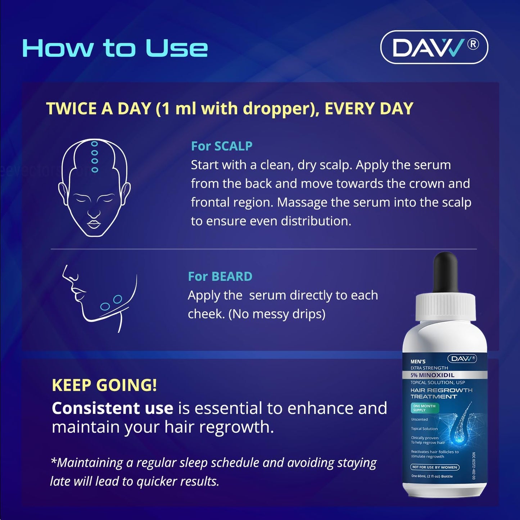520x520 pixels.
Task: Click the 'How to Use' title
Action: pos(115,48)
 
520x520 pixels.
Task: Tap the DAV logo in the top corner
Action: pos(434,48)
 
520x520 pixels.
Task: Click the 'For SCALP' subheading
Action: pos(221,146)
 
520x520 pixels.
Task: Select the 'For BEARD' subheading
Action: pos(220,276)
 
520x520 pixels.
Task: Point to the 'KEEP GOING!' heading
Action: pos(104,385)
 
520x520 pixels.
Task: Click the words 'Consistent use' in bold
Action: pos(112,408)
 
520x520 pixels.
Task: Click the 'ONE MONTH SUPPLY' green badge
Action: pos(424,408)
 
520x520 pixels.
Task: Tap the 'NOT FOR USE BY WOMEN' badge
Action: pos(435,467)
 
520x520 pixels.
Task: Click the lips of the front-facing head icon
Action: pos(94,224)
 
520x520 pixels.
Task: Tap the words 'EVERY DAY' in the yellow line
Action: pos(369,109)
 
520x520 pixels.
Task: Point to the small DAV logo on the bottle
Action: pos(462,358)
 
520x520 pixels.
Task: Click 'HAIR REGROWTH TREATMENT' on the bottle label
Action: pos(441,393)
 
